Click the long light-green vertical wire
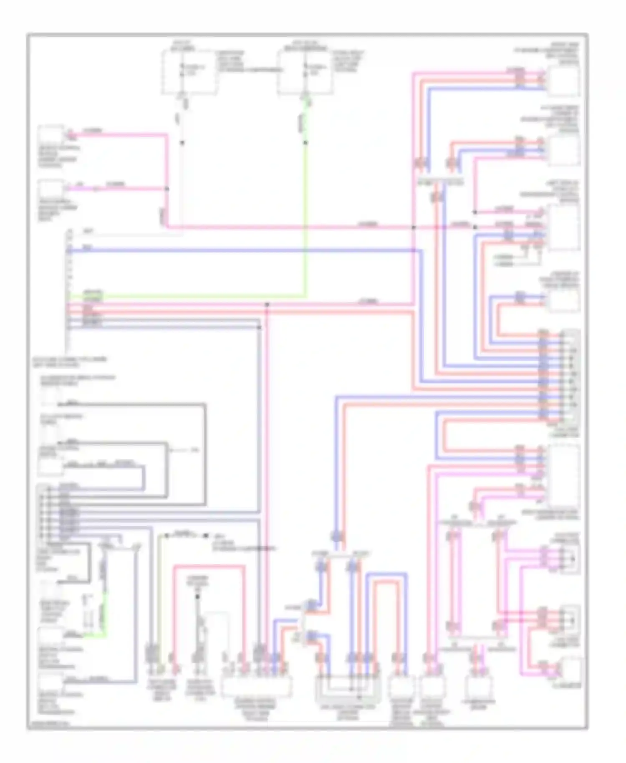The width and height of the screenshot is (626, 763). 306,217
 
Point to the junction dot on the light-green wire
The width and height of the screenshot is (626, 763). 306,143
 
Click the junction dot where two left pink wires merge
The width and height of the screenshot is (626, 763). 167,189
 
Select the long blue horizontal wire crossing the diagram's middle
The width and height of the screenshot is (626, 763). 242,250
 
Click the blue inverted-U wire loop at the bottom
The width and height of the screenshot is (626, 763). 386,574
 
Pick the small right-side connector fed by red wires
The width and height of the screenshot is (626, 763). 570,620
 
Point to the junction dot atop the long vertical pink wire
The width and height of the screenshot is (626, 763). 267,305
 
